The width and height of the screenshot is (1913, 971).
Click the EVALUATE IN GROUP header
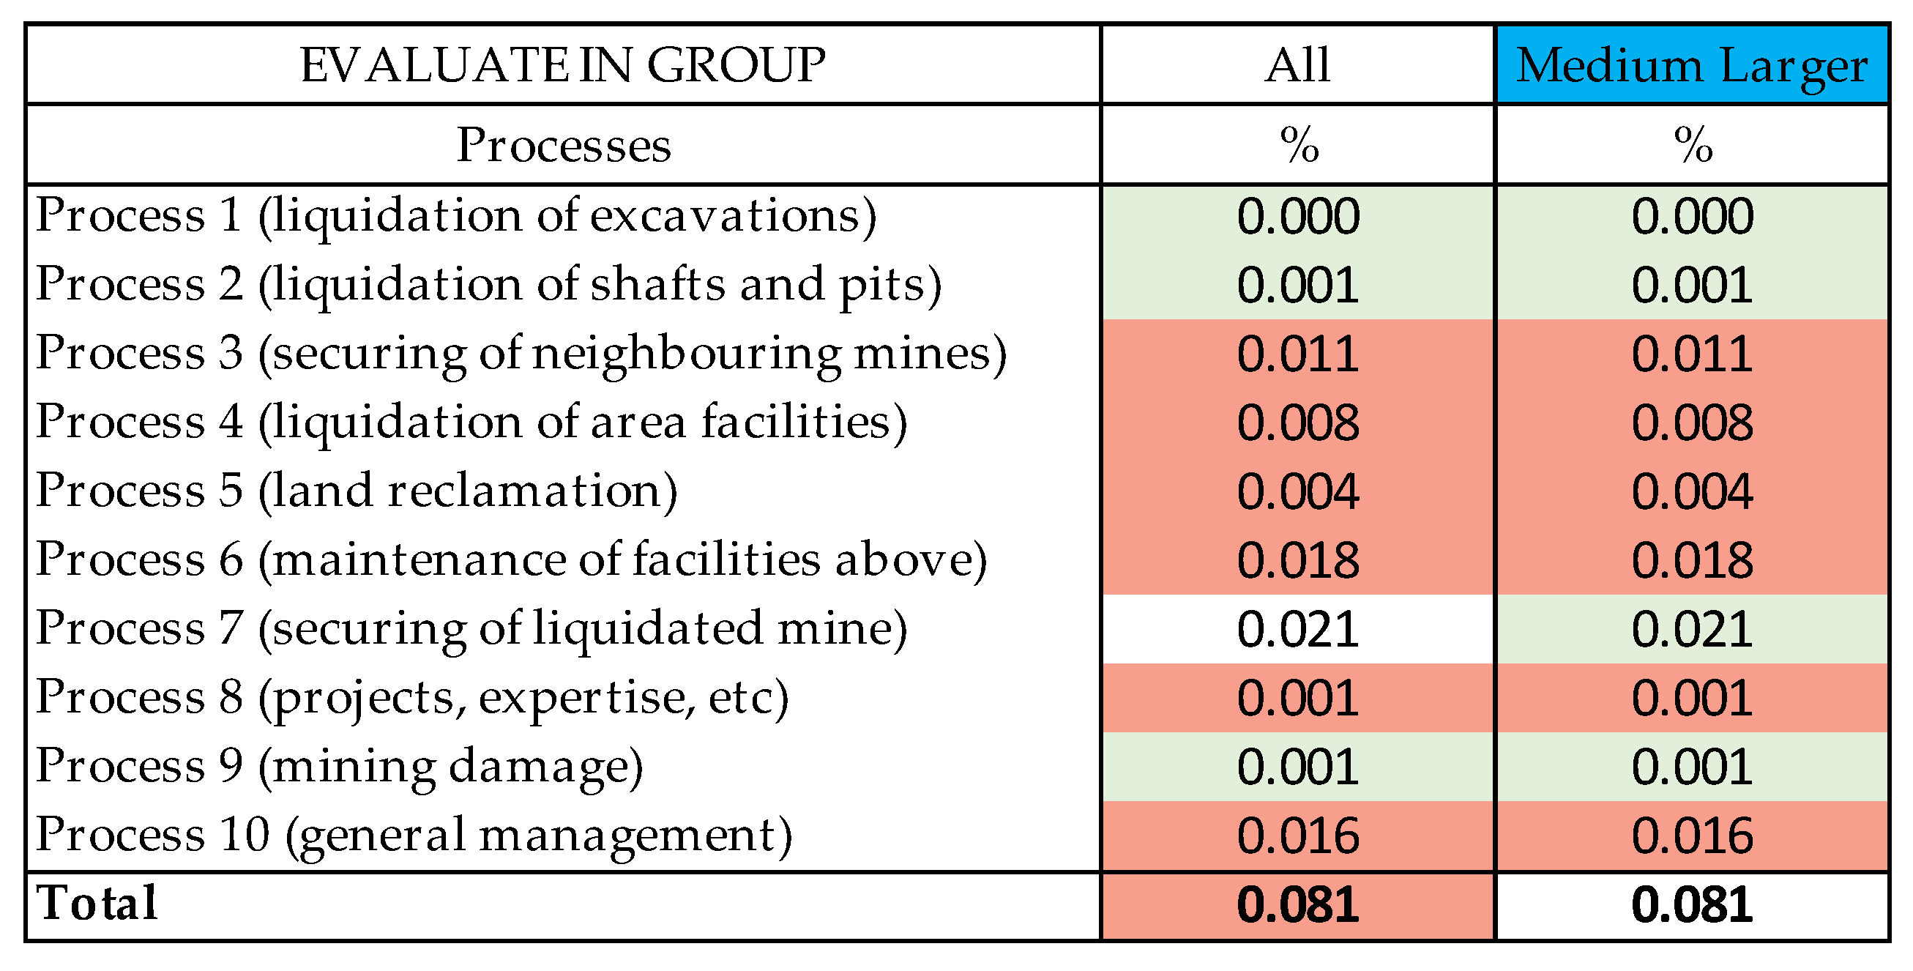tap(562, 65)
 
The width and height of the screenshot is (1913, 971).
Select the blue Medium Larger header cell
tap(1691, 65)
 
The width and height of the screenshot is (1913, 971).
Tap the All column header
tap(1297, 65)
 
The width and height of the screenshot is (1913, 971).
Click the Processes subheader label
tap(563, 145)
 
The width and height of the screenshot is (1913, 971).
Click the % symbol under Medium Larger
tap(1693, 144)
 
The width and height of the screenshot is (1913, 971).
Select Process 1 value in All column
tap(1297, 216)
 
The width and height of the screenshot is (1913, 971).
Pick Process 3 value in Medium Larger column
tap(1692, 354)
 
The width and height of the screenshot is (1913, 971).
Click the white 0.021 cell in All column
tap(1297, 629)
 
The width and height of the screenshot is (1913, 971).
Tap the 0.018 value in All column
tap(1297, 560)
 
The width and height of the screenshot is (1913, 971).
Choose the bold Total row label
tap(97, 904)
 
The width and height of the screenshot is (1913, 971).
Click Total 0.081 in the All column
tap(1297, 905)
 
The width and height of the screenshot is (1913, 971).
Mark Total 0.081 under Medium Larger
tap(1692, 905)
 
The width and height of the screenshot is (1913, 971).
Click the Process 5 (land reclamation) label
tap(357, 491)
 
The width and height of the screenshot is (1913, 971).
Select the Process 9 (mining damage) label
tap(340, 766)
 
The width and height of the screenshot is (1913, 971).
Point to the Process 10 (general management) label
tap(414, 835)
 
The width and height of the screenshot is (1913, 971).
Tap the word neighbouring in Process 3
tap(687, 354)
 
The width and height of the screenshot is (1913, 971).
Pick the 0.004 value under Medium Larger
tap(1692, 491)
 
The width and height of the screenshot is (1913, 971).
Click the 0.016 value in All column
tap(1297, 836)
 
